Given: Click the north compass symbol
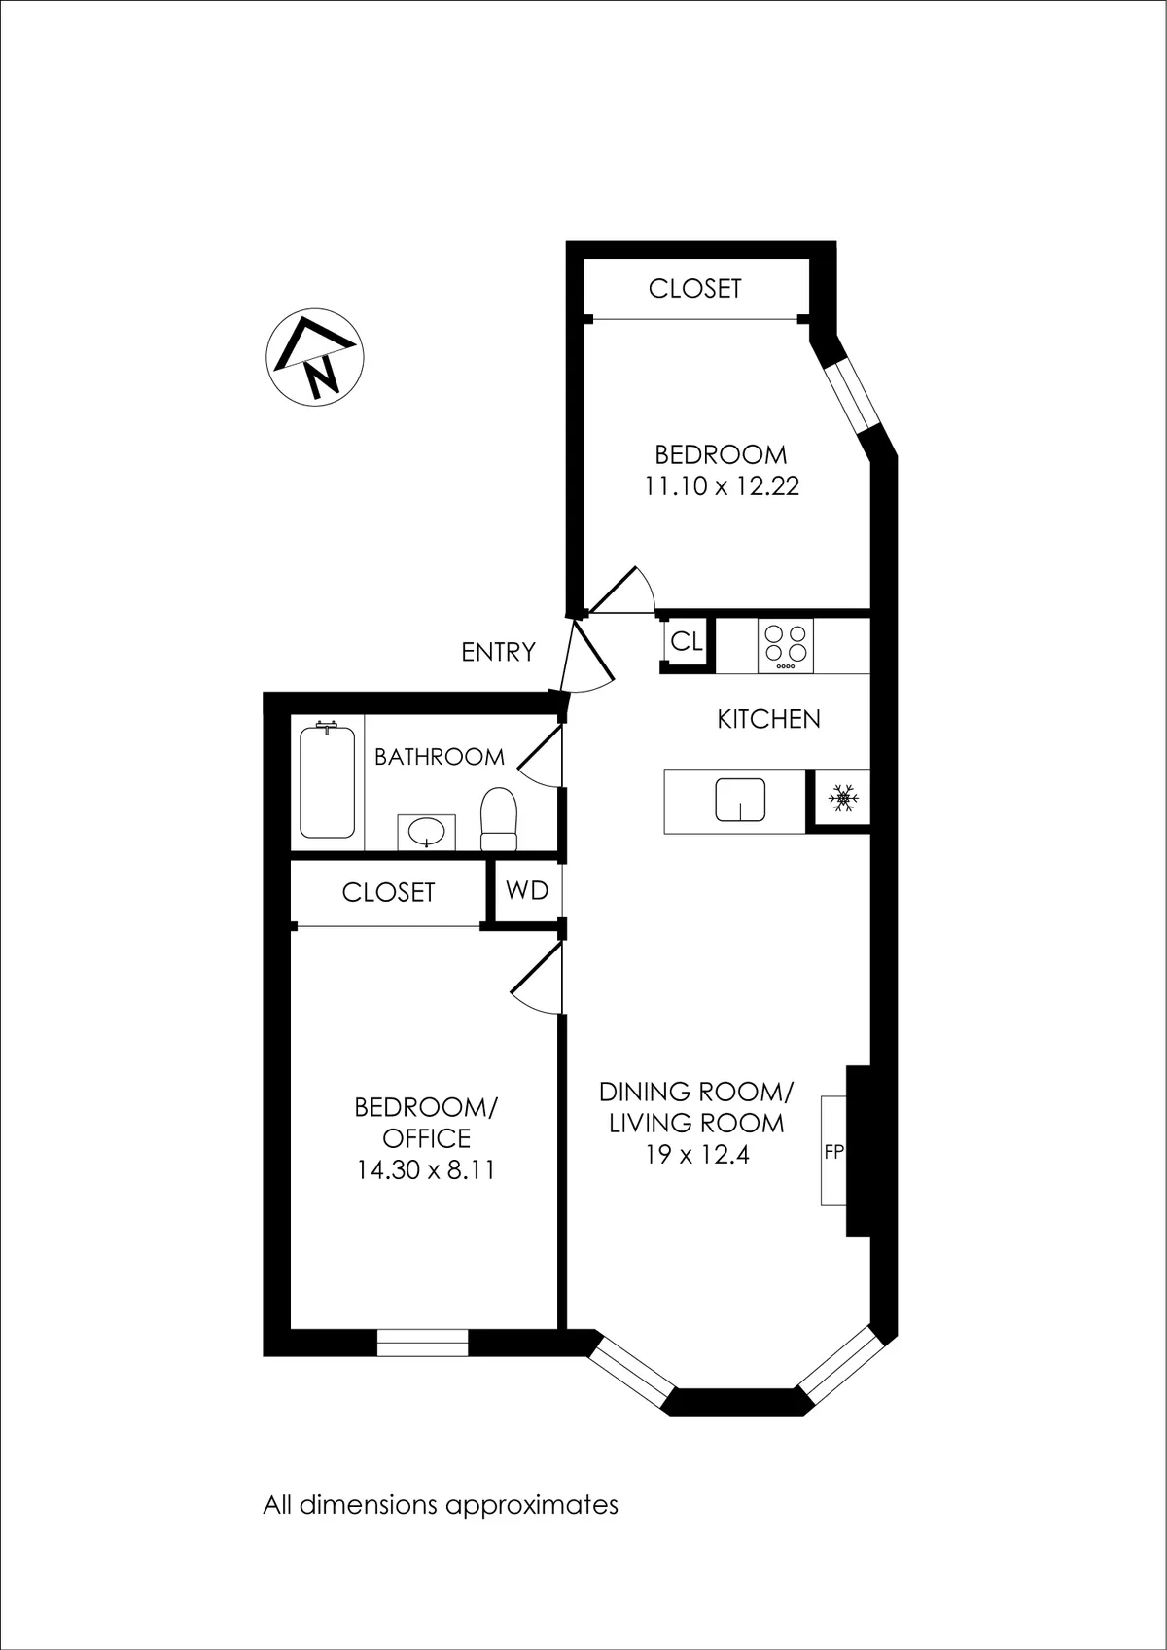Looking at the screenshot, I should click(x=315, y=357).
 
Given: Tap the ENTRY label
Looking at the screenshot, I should click(x=498, y=652).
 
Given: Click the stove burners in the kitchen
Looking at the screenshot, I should click(x=786, y=643).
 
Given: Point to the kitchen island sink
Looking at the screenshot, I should click(x=740, y=801).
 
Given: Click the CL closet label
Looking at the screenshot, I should click(x=687, y=642).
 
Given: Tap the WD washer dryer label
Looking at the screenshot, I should click(x=527, y=890).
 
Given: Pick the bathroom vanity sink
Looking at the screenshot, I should click(x=426, y=832).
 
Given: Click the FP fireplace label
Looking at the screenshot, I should click(x=833, y=1152).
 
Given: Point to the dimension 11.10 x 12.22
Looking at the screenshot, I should click(x=722, y=485).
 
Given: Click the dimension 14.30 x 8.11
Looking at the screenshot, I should click(x=426, y=1169).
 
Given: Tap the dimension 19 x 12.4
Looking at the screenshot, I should click(x=696, y=1156).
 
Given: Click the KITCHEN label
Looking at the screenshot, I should click(x=768, y=719).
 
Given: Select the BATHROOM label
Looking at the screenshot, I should click(x=440, y=757).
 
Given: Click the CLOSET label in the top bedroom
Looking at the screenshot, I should click(x=694, y=288).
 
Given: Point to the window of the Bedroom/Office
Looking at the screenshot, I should click(x=422, y=1343).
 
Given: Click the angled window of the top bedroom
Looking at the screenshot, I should click(x=850, y=395).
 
